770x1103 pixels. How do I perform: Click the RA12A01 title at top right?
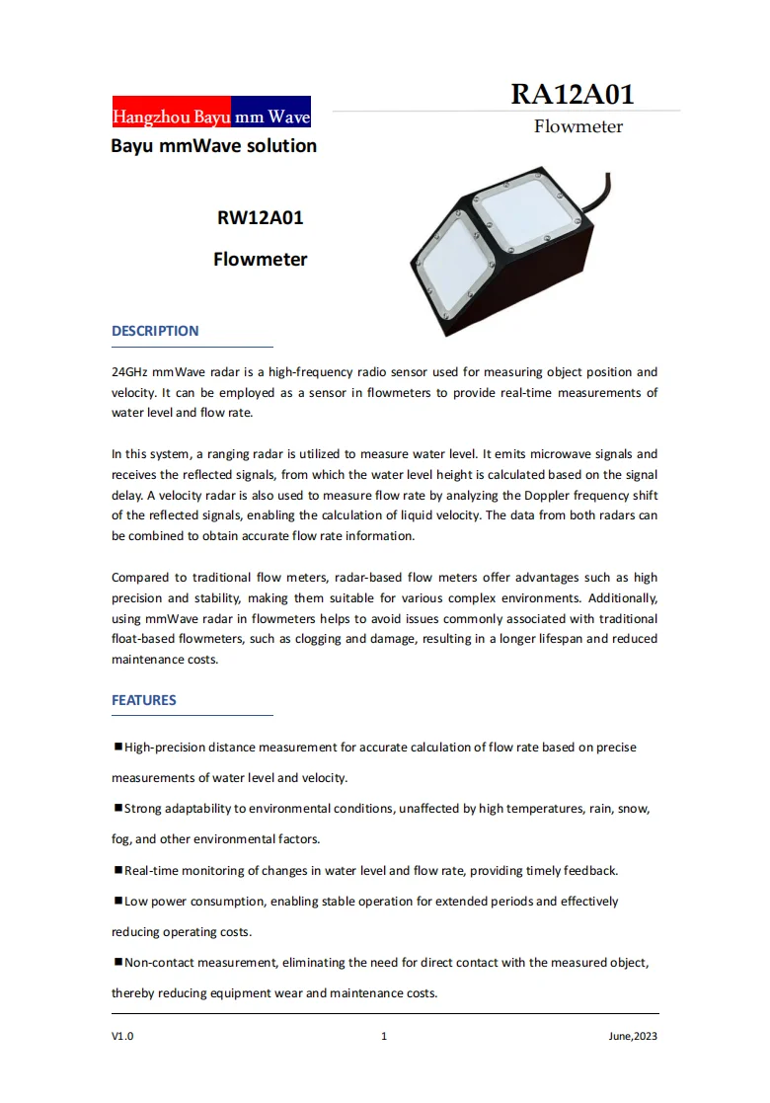click(x=572, y=94)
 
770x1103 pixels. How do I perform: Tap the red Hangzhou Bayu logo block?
click(x=172, y=117)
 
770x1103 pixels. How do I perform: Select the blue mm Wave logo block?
click(x=271, y=117)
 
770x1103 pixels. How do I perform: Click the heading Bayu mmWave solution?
click(x=213, y=146)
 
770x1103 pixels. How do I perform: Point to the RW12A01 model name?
click(x=260, y=218)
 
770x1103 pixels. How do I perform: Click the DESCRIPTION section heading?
click(x=155, y=331)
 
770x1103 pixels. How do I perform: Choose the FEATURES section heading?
click(x=144, y=700)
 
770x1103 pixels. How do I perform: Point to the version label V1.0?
click(x=122, y=1036)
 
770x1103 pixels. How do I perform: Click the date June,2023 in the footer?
click(x=633, y=1036)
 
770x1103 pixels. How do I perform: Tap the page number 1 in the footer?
click(x=384, y=1036)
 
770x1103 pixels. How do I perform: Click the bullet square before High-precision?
click(x=117, y=747)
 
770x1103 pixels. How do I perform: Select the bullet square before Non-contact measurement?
click(x=117, y=962)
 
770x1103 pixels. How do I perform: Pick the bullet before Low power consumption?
click(x=117, y=901)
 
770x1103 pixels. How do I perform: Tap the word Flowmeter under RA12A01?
click(x=578, y=126)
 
